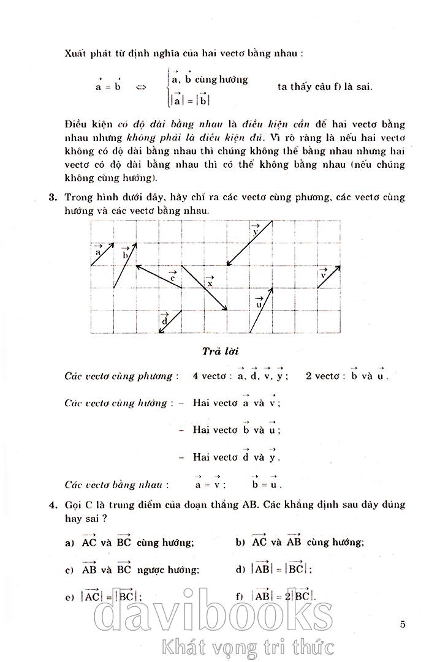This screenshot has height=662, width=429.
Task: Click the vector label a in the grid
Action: coord(98,250)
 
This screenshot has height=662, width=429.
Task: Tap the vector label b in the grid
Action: coord(124,253)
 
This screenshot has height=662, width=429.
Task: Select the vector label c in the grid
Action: coord(173,277)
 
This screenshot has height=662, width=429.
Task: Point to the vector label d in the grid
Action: coord(165,320)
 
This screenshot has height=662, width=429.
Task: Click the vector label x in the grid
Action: coord(210,282)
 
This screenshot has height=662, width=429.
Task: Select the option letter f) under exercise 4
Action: coord(239,596)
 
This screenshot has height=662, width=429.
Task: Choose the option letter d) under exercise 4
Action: coord(239,570)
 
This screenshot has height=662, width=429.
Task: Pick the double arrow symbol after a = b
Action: coord(142,87)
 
